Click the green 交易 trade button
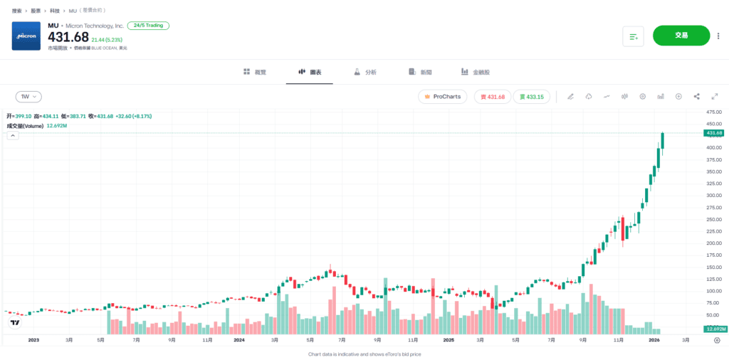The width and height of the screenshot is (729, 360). click(x=681, y=36)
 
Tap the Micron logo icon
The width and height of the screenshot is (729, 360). click(x=26, y=36)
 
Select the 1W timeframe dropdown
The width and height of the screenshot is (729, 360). click(x=28, y=97)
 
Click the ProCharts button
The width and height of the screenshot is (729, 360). click(x=442, y=97)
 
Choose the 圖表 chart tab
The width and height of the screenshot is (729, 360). click(x=310, y=73)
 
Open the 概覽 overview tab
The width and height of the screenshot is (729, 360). click(x=254, y=73)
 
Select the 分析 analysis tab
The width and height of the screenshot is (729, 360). click(x=365, y=73)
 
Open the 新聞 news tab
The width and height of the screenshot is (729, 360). click(x=421, y=73)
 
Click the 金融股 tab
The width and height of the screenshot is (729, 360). click(x=475, y=73)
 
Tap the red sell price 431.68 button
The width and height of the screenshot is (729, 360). click(x=493, y=97)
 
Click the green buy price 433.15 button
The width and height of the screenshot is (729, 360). click(x=531, y=97)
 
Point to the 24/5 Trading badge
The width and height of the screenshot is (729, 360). click(x=148, y=26)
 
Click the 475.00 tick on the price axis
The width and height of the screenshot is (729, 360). click(x=713, y=112)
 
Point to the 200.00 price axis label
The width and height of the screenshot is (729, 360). click(x=713, y=243)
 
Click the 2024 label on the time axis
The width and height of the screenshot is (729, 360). click(x=239, y=340)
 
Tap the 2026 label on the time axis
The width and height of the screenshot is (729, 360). click(x=658, y=340)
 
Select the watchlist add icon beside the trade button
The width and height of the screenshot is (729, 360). click(x=633, y=36)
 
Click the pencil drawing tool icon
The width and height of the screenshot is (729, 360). click(x=570, y=97)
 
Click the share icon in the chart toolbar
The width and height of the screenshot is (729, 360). click(x=697, y=97)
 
